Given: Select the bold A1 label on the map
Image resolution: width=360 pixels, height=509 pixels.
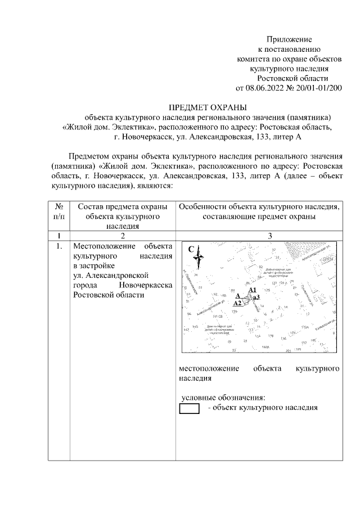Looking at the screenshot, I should click(x=252, y=289).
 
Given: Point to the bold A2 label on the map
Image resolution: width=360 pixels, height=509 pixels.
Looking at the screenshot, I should click(x=237, y=303).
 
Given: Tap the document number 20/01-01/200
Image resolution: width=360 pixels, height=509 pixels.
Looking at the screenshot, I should click(x=318, y=88).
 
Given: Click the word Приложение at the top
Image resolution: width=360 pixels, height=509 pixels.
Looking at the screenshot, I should click(x=289, y=40).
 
